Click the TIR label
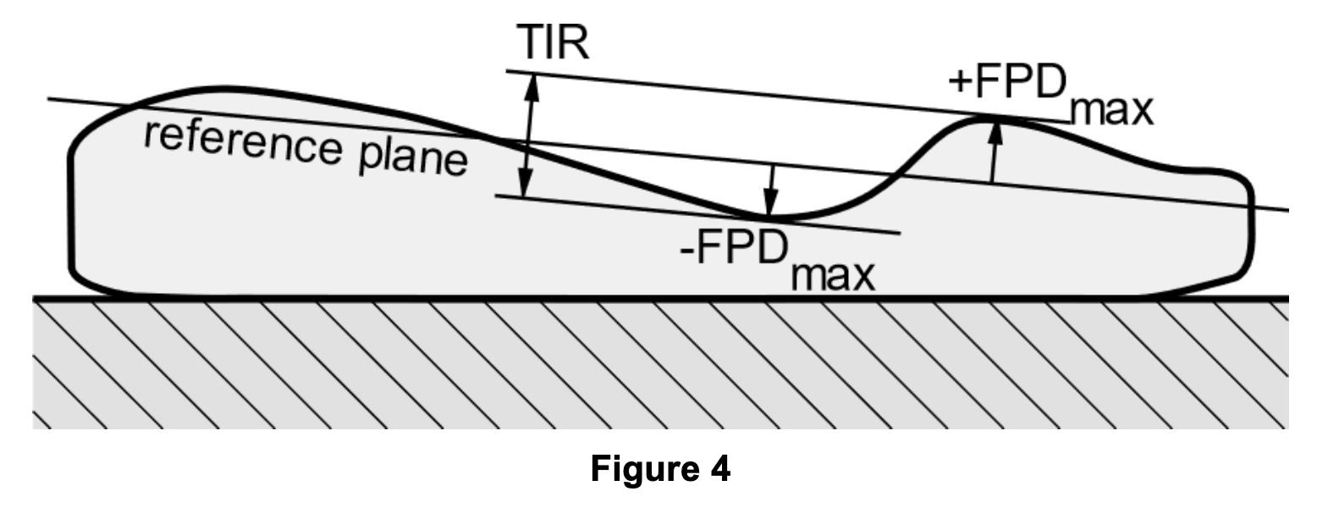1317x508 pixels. (x=552, y=43)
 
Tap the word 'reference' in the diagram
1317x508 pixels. (x=243, y=141)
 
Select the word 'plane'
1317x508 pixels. (x=414, y=157)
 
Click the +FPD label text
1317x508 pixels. (x=1008, y=82)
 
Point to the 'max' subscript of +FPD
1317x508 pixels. (x=1112, y=112)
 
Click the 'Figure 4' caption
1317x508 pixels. (x=660, y=468)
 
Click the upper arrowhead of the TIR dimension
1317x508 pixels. (x=532, y=86)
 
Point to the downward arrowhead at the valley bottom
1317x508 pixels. (x=769, y=202)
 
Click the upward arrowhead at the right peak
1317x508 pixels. (x=995, y=132)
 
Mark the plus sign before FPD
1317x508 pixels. (x=961, y=82)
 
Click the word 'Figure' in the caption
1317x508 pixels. (x=643, y=468)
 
